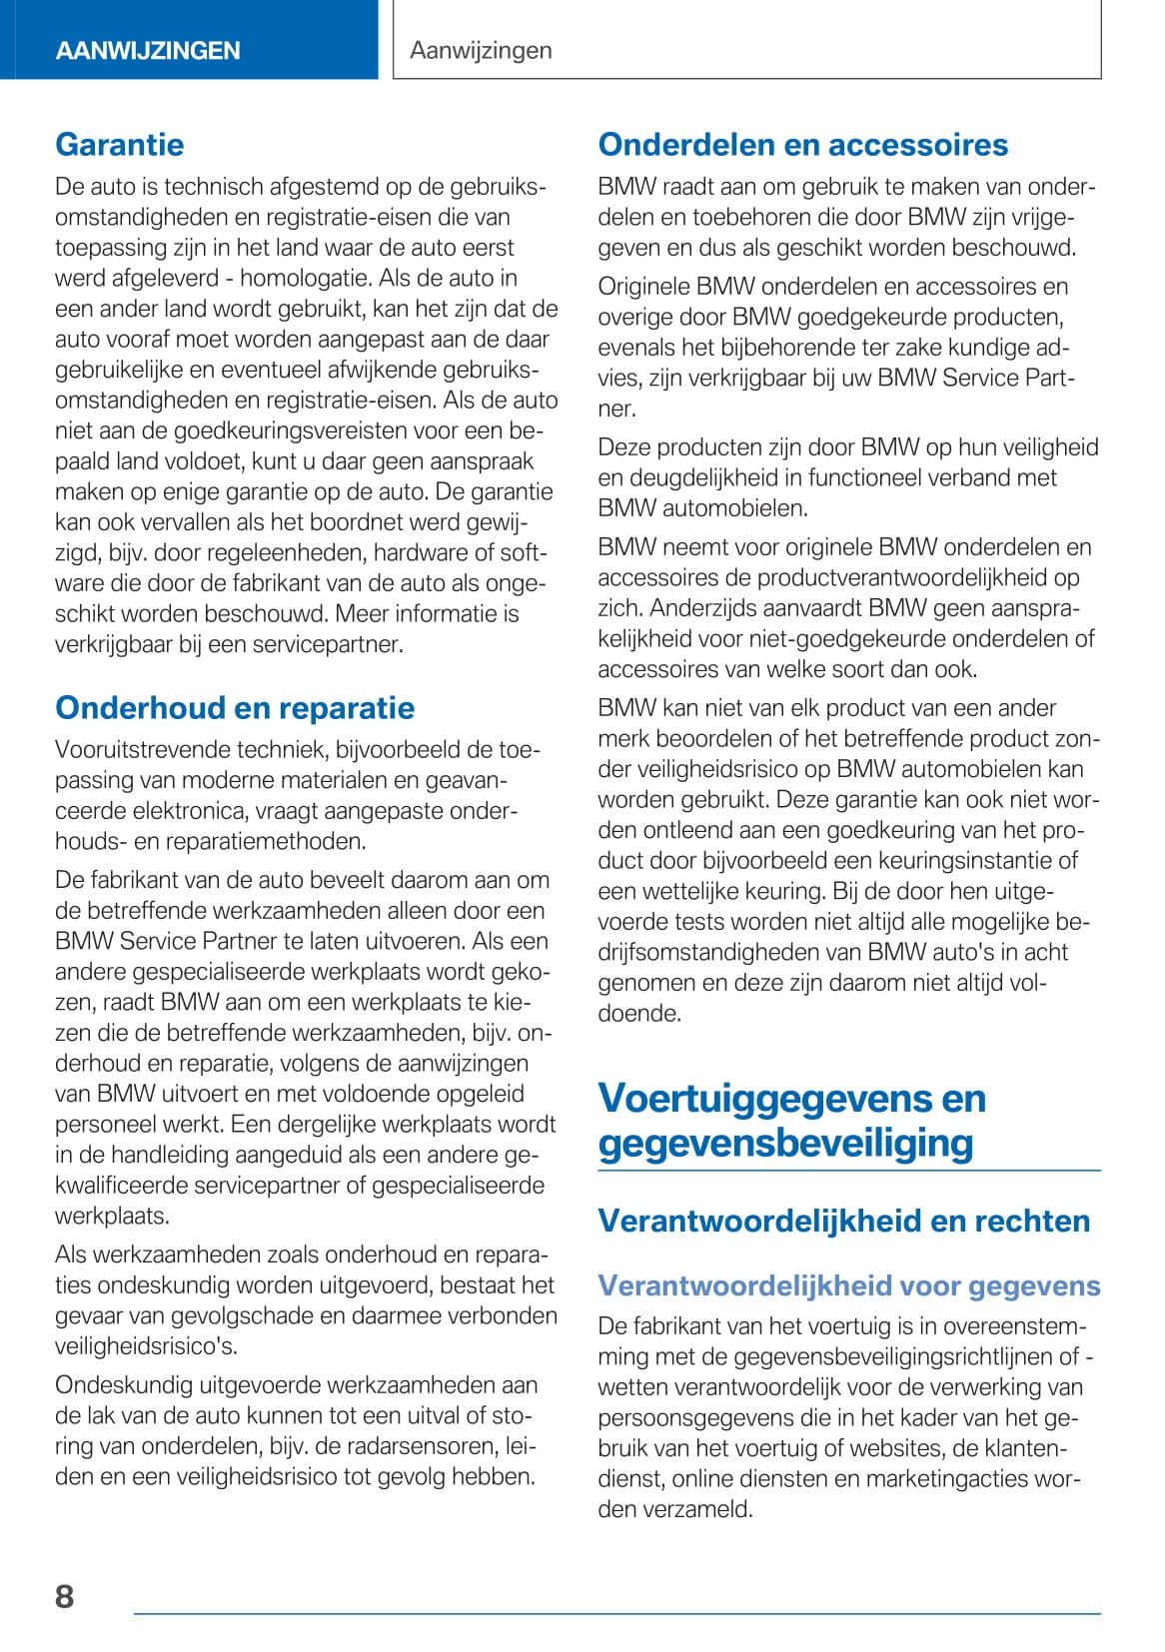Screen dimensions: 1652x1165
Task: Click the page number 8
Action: coord(65,1595)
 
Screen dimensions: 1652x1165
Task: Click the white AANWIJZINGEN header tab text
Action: coord(148,51)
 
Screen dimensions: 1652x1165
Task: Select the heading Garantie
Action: coord(120,145)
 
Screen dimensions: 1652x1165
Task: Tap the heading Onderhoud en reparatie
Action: coord(235,708)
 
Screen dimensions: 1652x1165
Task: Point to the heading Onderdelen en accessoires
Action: coord(802,145)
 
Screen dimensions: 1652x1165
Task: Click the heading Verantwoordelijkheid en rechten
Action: coord(843,1221)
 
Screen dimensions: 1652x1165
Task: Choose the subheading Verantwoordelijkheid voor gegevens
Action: coord(848,1285)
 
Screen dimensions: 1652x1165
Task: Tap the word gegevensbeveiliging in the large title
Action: coord(785,1143)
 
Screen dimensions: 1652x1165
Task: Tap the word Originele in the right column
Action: coord(643,287)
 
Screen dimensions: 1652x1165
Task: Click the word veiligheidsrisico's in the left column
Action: coord(146,1346)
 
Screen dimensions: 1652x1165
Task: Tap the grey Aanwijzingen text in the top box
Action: coord(481,51)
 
